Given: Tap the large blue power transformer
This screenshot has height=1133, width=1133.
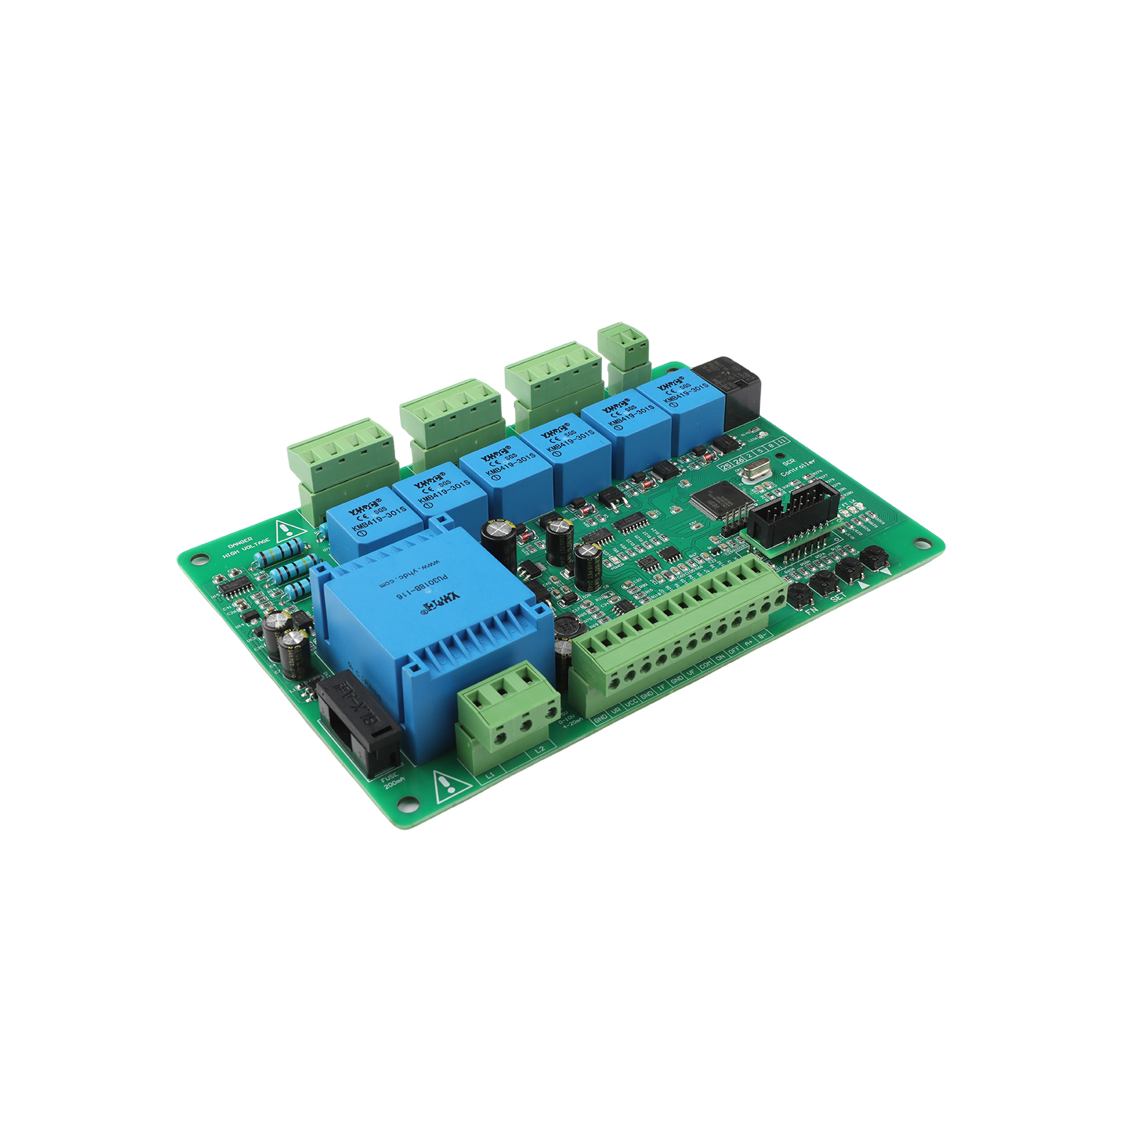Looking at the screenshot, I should [432, 623].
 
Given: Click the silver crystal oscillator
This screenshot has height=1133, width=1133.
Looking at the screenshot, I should [756, 470].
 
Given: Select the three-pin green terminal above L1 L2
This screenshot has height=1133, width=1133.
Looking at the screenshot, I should [508, 708].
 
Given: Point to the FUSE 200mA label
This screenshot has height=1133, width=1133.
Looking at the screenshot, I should [392, 782].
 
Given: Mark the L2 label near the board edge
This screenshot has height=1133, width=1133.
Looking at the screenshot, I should [540, 749].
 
